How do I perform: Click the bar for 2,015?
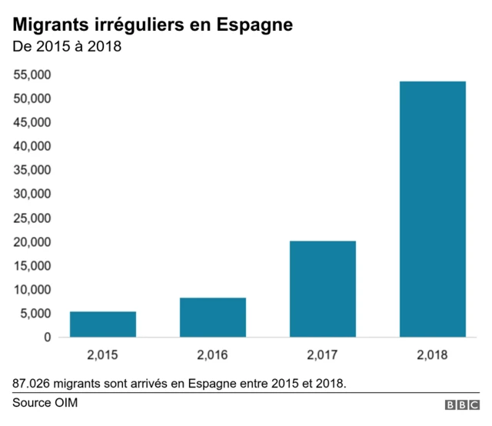pyautogui.click(x=103, y=324)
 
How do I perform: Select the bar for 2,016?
pyautogui.click(x=213, y=317)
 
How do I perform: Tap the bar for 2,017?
pyautogui.click(x=322, y=288)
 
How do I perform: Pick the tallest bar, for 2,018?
pyautogui.click(x=432, y=208)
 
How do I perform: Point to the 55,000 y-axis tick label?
pyautogui.click(x=33, y=75)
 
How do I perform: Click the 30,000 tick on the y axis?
pyautogui.click(x=33, y=194)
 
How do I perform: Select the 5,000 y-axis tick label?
pyautogui.click(x=37, y=313)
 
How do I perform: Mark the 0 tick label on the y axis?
pyautogui.click(x=48, y=337)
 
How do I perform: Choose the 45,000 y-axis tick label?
pyautogui.click(x=33, y=122)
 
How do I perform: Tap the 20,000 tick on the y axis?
pyautogui.click(x=33, y=241)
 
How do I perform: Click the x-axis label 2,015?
pyautogui.click(x=103, y=355)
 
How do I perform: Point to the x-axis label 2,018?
pyautogui.click(x=432, y=355)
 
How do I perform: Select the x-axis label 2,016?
pyautogui.click(x=213, y=355)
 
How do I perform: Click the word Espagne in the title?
pyautogui.click(x=254, y=25)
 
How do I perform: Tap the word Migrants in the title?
pyautogui.click(x=49, y=25)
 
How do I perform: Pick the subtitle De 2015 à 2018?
pyautogui.click(x=68, y=46)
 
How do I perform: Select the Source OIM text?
pyautogui.click(x=45, y=403)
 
